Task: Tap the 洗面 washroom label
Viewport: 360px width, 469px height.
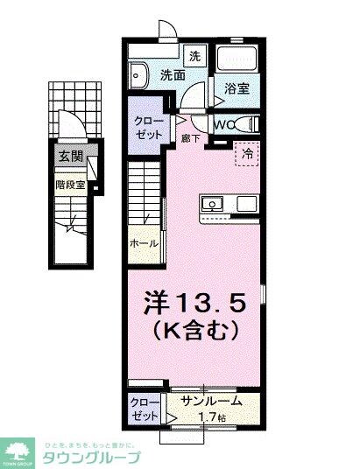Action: pos(172,75)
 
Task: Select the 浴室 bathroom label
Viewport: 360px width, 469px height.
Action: pos(237,87)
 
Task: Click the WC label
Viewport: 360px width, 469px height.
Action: pos(222,123)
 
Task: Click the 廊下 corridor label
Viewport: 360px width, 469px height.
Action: pos(187,137)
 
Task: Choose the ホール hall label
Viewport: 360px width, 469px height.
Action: pos(145,243)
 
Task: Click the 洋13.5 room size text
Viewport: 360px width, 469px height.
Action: pos(201,303)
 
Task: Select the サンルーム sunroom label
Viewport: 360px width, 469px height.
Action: pos(210,402)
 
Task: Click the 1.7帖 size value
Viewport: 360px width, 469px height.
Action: pos(211,416)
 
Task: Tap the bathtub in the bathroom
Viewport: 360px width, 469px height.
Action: pos(237,60)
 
